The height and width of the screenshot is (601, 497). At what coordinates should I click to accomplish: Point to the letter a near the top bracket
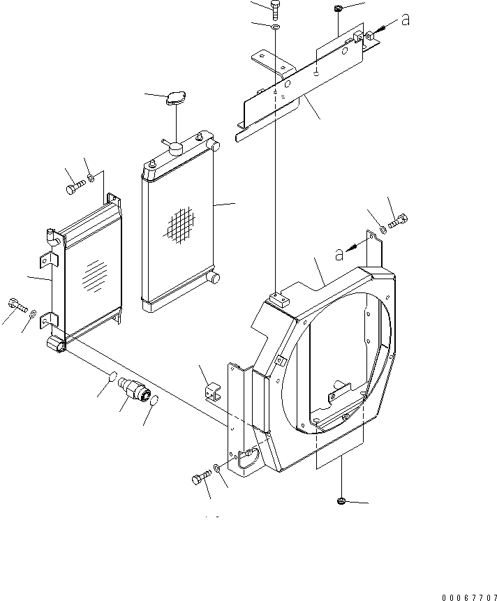click(x=404, y=20)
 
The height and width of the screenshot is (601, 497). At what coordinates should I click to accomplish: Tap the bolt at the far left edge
click(x=16, y=304)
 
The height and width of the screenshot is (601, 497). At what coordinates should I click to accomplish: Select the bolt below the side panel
click(x=199, y=479)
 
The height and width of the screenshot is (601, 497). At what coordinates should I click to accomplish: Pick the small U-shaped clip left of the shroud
click(x=212, y=394)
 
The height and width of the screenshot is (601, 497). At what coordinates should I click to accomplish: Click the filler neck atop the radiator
click(x=173, y=148)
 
